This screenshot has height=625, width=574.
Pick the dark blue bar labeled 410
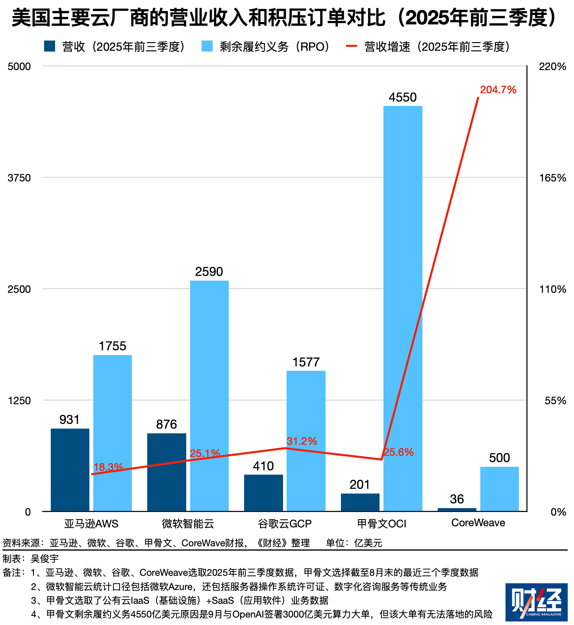tap(263, 492)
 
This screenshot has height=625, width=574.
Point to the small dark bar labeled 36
tap(457, 509)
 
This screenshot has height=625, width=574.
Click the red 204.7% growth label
tap(498, 90)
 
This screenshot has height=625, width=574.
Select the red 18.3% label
tap(108, 467)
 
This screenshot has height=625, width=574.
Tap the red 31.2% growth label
tap(302, 441)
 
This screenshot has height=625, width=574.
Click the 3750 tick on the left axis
tap(19, 178)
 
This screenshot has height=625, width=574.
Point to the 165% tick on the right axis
tap(552, 178)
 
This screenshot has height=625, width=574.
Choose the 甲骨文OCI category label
tap(381, 523)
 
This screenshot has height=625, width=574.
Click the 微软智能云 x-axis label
tap(188, 523)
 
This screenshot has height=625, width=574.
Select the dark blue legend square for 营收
tap(50, 46)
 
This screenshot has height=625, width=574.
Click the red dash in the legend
tap(351, 46)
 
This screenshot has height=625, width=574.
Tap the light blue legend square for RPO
tap(207, 46)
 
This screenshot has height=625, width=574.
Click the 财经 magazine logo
tap(536, 602)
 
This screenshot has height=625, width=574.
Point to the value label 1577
tap(306, 362)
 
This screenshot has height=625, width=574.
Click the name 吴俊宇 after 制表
tap(45, 558)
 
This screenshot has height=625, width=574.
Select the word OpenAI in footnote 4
tap(248, 614)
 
